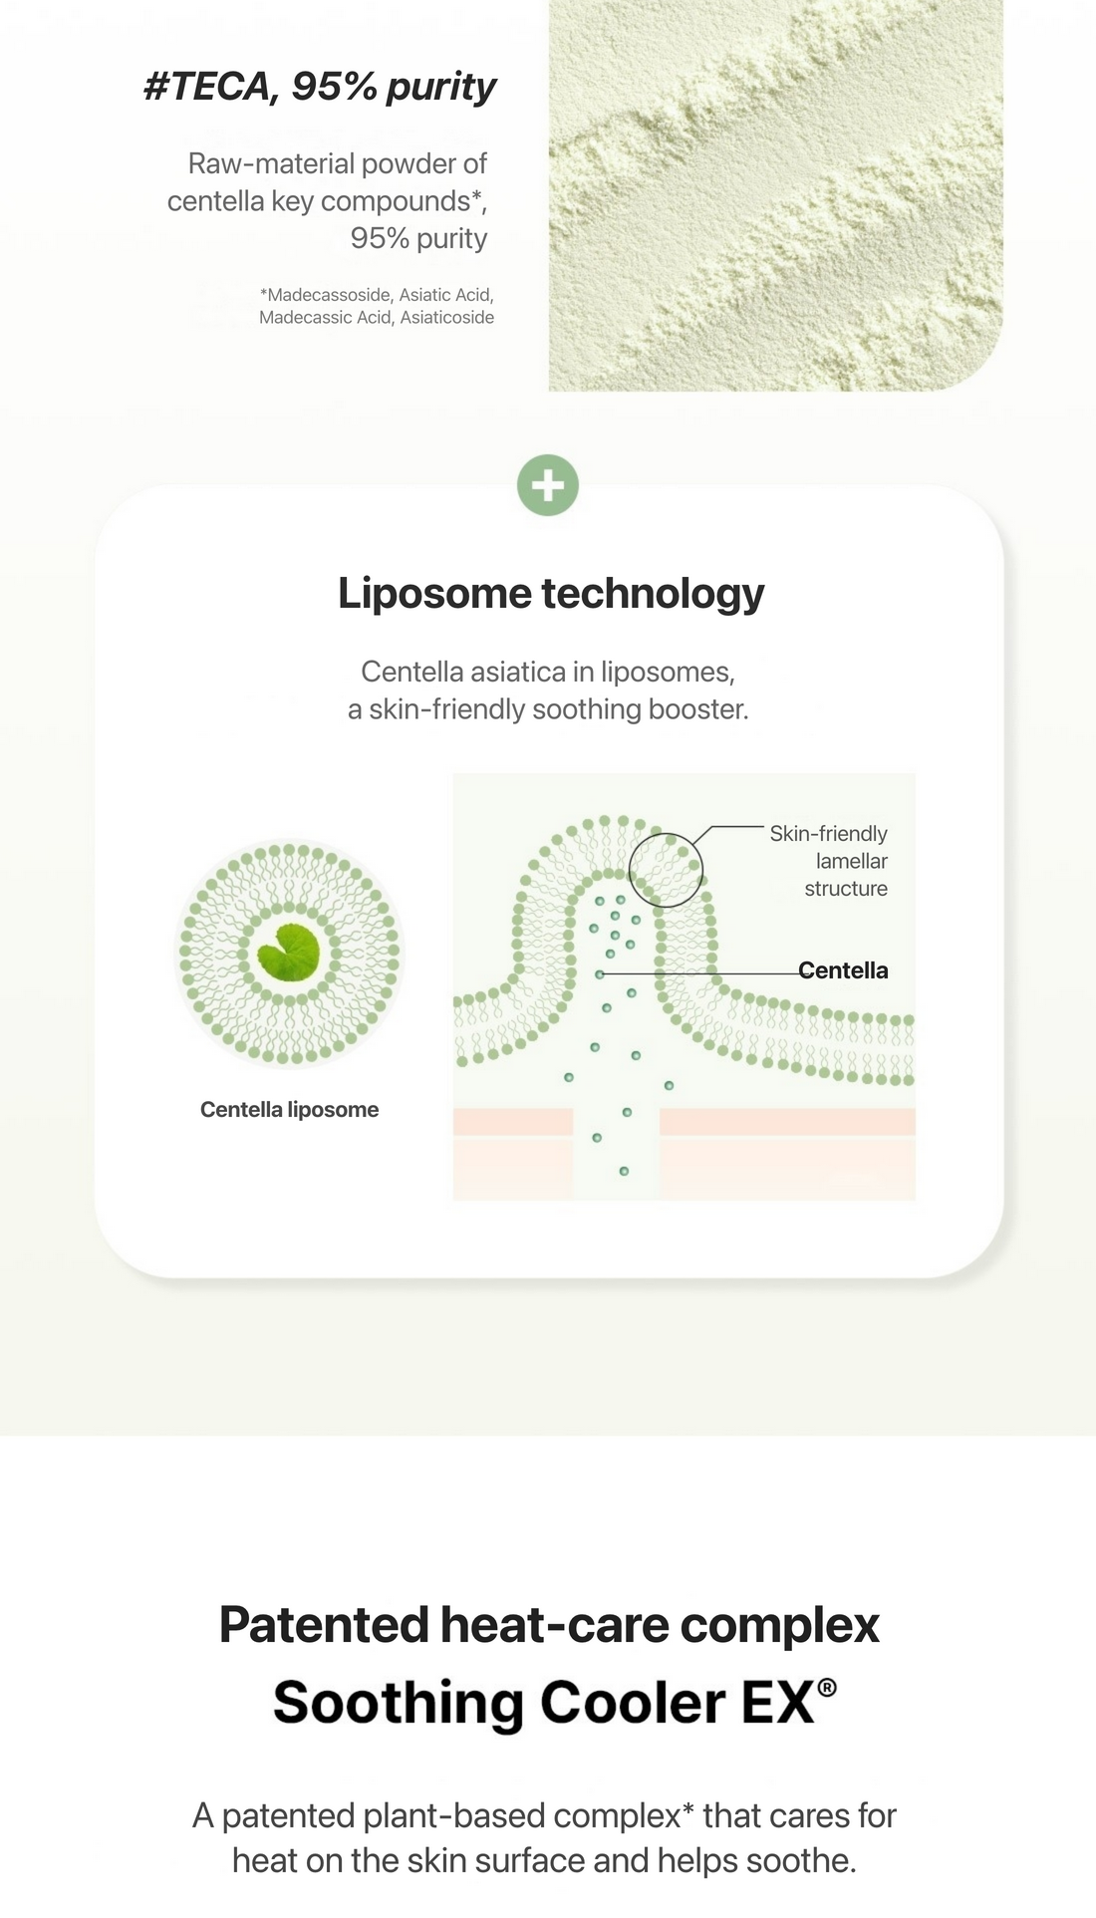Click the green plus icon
tap(548, 485)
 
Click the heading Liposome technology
tap(551, 594)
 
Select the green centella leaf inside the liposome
tap(289, 953)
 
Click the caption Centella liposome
tap(289, 1109)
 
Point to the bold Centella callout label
tap(843, 970)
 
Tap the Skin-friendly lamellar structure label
tap(829, 861)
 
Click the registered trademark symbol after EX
tap(827, 1686)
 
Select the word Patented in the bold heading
tap(325, 1625)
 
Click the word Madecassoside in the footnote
tap(328, 295)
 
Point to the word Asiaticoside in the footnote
tap(447, 318)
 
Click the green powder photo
tap(775, 195)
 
